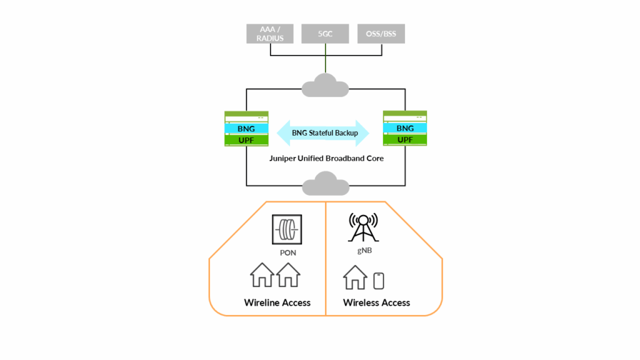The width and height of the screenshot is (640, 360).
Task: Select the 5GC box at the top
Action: coord(325,34)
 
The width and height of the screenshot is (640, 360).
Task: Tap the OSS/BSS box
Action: coord(381,34)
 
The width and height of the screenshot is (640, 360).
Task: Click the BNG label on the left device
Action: coord(246,128)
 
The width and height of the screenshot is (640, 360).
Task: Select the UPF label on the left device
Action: coord(246,139)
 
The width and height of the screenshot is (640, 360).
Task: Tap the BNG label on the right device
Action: coord(405,128)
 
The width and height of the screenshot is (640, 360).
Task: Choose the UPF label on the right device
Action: coord(405,139)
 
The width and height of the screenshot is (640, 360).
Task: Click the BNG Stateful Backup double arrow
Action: coord(325,133)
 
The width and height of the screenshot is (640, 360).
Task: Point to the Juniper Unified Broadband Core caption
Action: coord(325,159)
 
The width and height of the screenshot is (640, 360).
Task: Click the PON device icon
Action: coord(287,230)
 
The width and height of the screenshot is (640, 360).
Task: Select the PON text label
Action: coord(287,253)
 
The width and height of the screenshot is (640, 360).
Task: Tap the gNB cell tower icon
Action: coord(363,227)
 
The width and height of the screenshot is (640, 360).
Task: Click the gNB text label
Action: coord(363,250)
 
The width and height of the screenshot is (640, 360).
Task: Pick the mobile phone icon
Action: coord(379,281)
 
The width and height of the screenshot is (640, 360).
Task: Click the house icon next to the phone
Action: coord(355,277)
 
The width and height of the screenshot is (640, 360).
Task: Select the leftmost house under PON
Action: coord(262,275)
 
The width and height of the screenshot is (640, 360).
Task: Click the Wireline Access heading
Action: coord(277,302)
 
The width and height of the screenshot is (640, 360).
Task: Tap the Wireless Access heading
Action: coord(376,302)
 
